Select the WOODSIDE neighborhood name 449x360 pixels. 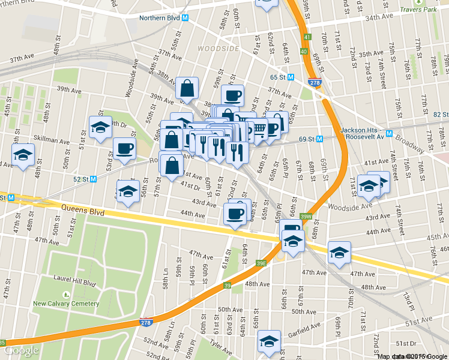(x=217, y=48)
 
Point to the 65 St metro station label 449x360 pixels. (x=282, y=77)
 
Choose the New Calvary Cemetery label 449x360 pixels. (x=66, y=304)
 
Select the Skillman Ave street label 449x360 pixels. (x=52, y=140)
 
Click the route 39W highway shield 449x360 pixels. (x=306, y=217)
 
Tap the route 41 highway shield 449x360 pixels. (x=307, y=37)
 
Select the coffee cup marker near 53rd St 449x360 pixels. (x=124, y=149)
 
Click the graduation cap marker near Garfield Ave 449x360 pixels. (x=269, y=341)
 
